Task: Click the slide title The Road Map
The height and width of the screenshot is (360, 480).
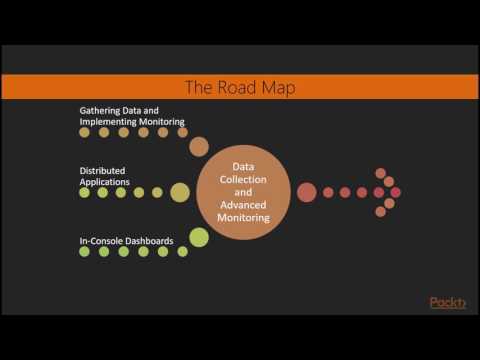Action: (x=240, y=87)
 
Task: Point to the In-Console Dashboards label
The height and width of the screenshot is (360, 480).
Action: (x=127, y=240)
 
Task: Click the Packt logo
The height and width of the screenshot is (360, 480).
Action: (x=447, y=303)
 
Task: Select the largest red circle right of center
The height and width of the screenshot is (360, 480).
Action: (x=307, y=192)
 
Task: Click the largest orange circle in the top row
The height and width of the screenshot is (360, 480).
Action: (x=199, y=147)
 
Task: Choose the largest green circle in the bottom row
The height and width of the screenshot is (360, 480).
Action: (x=199, y=237)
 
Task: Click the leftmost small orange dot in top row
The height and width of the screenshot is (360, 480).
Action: (x=85, y=132)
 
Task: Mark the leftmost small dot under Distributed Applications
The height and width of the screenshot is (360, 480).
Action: (x=85, y=192)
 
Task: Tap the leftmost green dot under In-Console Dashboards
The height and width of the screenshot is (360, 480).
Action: (x=85, y=252)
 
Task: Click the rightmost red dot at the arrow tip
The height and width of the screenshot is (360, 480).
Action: (x=397, y=192)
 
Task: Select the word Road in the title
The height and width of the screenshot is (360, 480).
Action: (x=240, y=87)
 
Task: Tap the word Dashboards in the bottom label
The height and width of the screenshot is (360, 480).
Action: (x=151, y=240)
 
